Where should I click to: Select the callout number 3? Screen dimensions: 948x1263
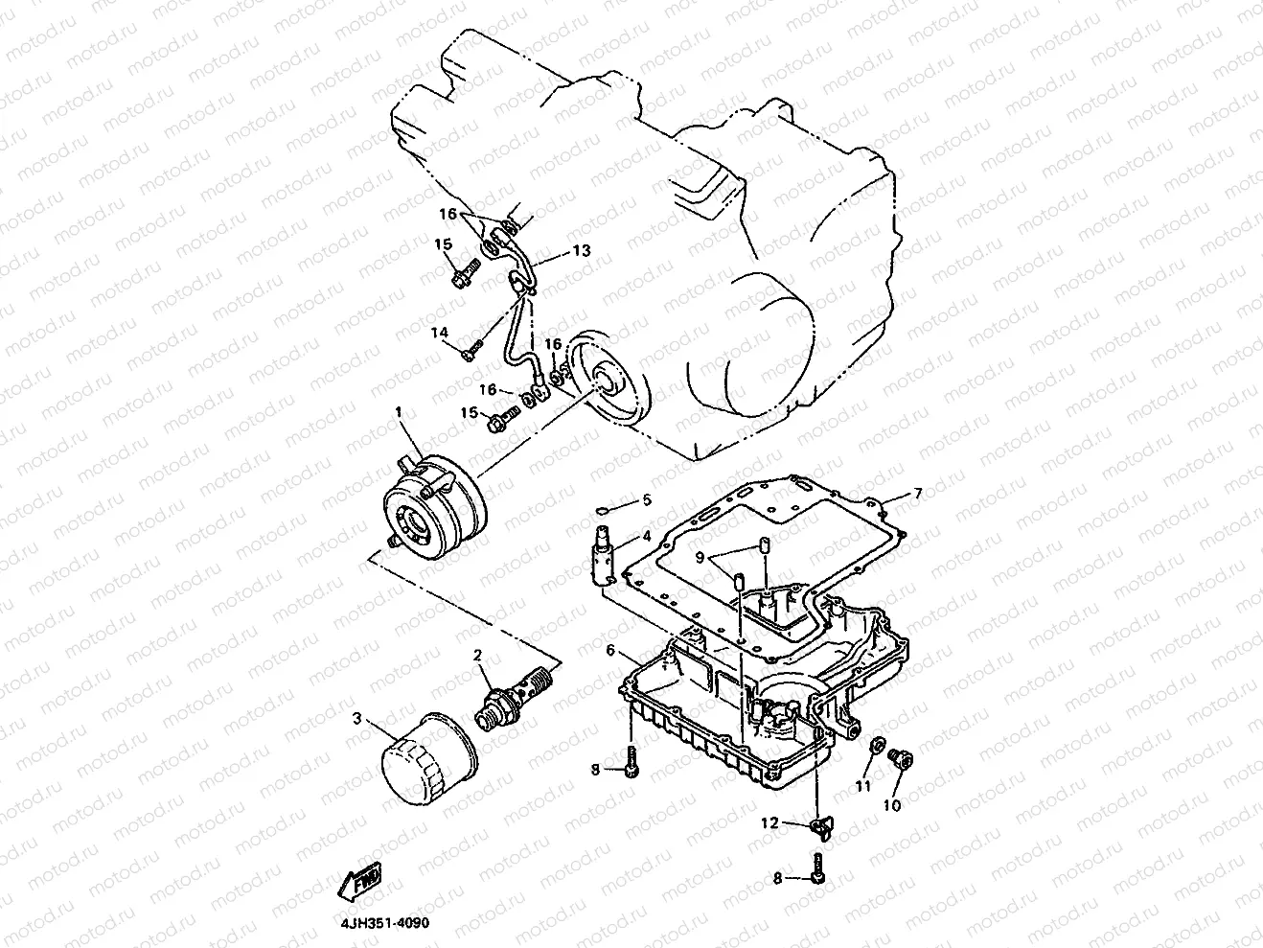(357, 718)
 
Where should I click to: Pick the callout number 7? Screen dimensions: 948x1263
(917, 494)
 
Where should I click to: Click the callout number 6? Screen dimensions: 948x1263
(609, 651)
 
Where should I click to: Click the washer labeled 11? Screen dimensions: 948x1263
(875, 747)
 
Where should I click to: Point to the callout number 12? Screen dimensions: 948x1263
(770, 822)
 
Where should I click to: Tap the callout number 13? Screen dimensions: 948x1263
(583, 250)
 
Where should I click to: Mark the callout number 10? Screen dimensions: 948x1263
(892, 805)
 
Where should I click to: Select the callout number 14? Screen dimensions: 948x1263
(440, 333)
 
